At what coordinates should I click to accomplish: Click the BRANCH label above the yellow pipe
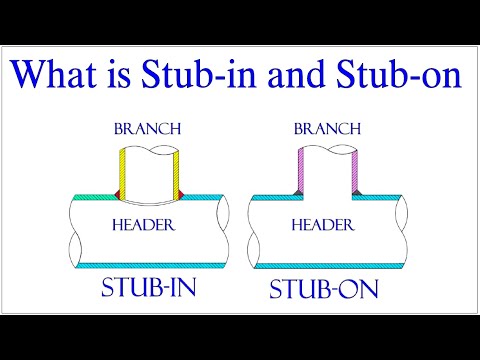tap(147, 130)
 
